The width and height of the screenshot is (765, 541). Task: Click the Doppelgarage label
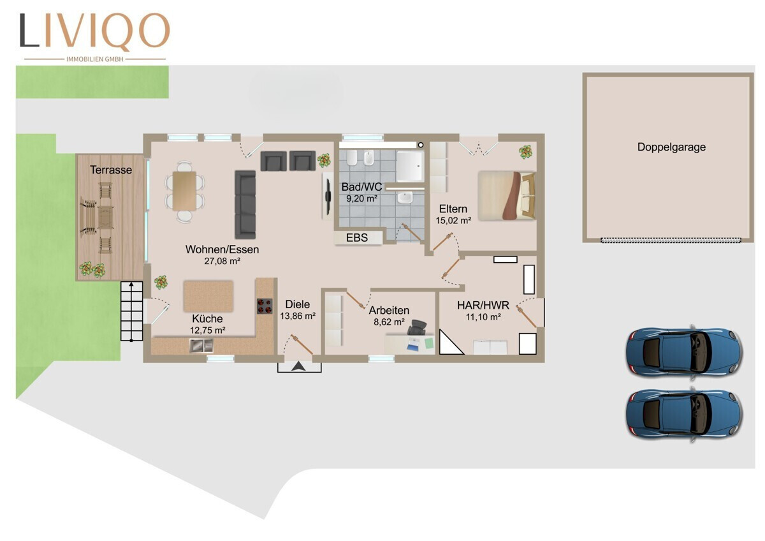click(671, 147)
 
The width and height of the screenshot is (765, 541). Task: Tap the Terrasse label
click(111, 170)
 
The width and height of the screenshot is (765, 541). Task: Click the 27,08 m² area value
click(222, 261)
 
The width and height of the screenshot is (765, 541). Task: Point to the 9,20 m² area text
click(361, 198)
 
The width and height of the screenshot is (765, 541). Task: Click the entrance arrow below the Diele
click(299, 366)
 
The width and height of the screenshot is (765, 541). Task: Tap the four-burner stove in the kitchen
click(265, 306)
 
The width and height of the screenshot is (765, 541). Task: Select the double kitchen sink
click(201, 346)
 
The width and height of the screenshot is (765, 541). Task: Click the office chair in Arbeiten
click(416, 328)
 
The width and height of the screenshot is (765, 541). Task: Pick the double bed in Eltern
click(506, 195)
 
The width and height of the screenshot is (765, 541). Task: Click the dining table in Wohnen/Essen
click(184, 191)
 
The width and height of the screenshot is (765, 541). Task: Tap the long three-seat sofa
click(245, 204)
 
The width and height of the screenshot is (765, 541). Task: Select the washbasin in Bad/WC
click(405, 198)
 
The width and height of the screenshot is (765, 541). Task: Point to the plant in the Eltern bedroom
click(525, 152)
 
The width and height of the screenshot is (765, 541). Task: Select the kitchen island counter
click(208, 296)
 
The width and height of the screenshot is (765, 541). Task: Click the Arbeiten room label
click(389, 310)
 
